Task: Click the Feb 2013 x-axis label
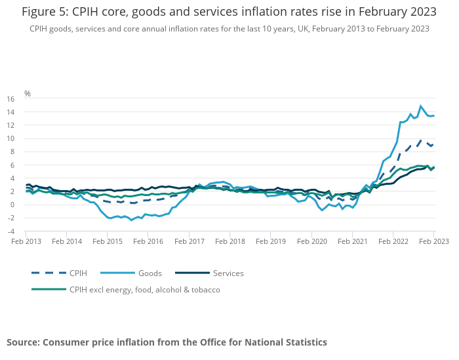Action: pos(26,241)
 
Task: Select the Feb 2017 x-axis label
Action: pos(189,241)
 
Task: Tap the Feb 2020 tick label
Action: pos(311,241)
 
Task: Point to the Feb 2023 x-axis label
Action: pos(434,241)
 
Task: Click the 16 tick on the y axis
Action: pos(10,99)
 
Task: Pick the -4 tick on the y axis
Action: pos(10,231)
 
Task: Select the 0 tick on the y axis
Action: pos(11,205)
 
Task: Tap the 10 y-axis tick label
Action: pos(10,138)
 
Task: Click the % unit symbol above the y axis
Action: pos(28,94)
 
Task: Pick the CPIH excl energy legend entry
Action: pos(145,289)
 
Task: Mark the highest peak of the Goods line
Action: pos(421,106)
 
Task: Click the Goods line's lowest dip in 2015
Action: pos(132,220)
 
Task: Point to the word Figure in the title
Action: pos(37,12)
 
